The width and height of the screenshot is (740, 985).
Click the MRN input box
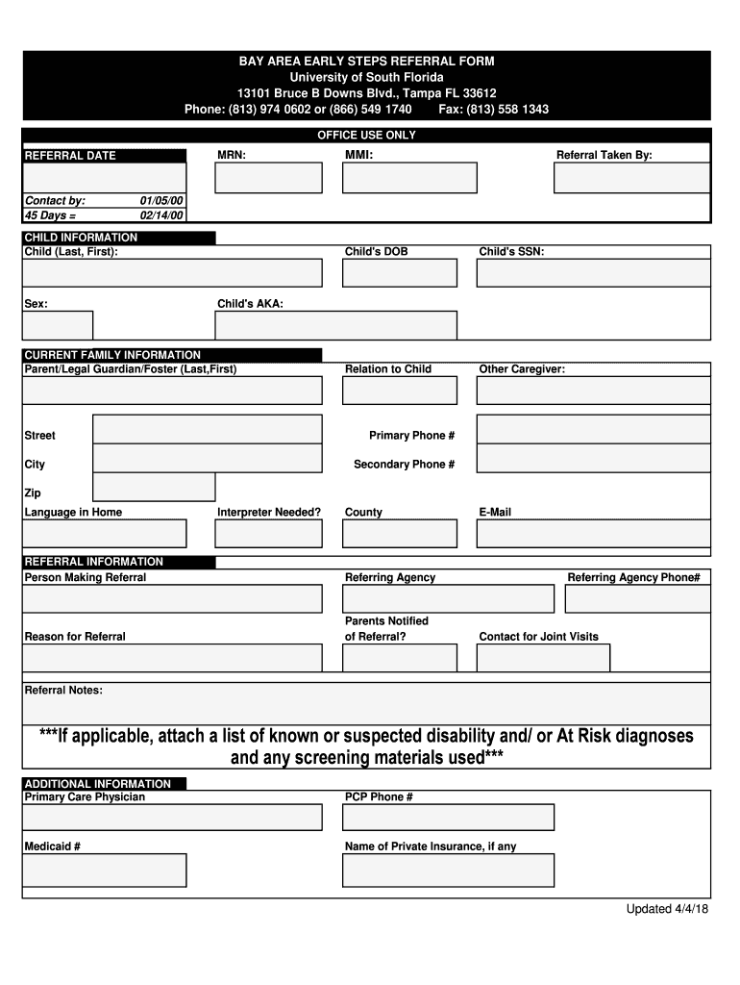coord(268,178)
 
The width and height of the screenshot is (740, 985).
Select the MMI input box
coord(409,178)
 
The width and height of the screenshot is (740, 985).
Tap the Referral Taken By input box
coord(632,178)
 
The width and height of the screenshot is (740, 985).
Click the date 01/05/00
coord(161,201)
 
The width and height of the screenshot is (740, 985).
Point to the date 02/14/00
coord(161,215)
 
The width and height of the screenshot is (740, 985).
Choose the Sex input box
coord(58,325)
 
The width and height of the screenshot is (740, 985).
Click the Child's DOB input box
coord(400,272)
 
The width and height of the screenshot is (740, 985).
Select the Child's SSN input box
coord(593,272)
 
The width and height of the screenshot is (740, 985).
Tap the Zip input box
coord(154,487)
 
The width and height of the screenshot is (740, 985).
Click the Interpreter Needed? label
coord(269,513)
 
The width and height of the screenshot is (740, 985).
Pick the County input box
coord(400,533)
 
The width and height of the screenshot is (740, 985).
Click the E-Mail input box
coord(593,533)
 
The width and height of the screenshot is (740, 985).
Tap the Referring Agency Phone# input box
coord(637,598)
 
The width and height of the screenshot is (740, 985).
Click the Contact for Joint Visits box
coord(543,658)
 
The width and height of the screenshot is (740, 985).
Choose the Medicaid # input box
coord(105,870)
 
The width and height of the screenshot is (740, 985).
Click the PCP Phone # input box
coord(449,817)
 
